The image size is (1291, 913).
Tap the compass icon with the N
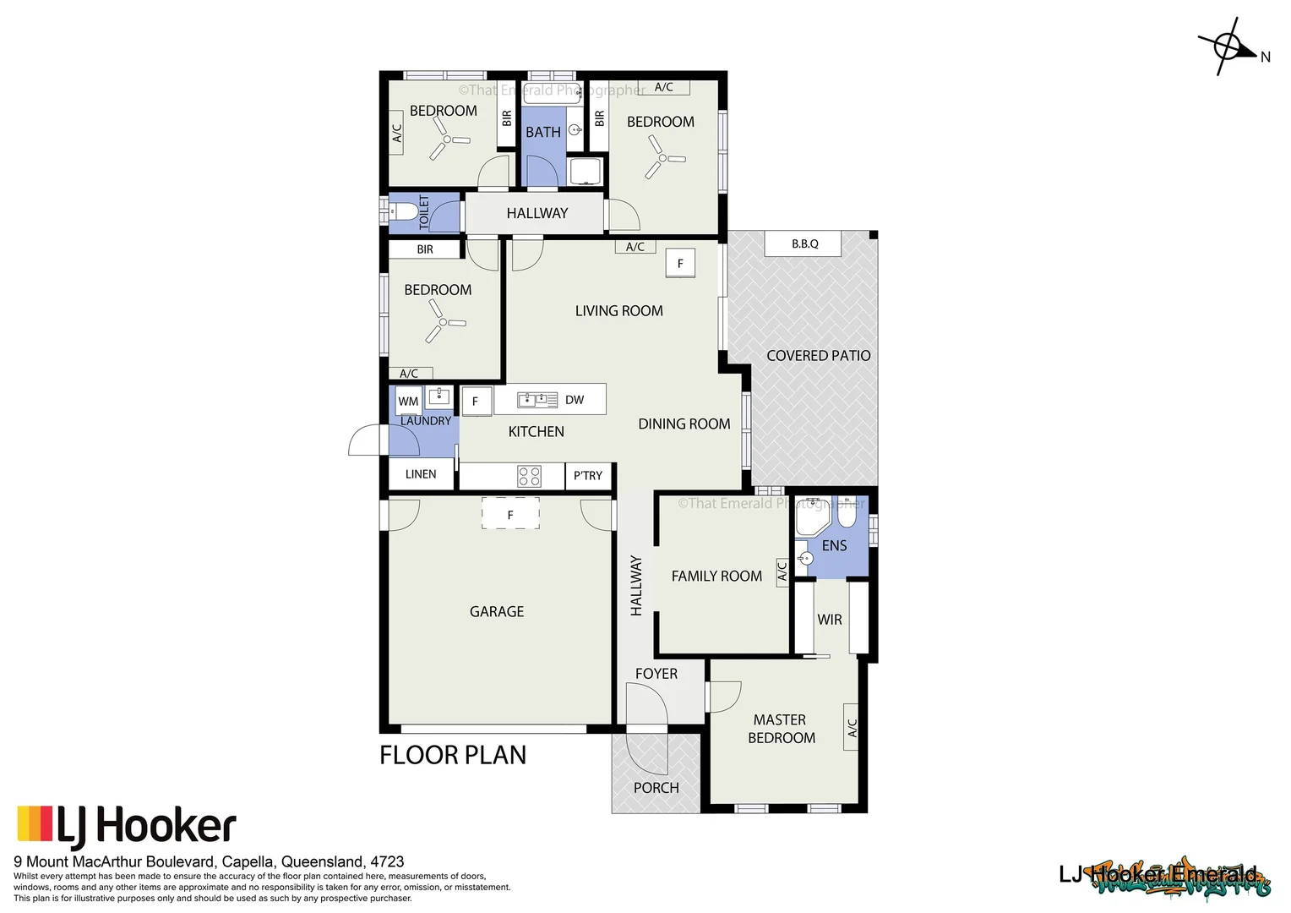1228,46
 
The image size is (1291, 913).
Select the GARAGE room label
497,611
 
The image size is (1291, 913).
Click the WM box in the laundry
408,401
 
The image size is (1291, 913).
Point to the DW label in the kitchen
575,400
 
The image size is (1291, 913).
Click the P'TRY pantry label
588,476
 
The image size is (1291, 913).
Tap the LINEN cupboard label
421,474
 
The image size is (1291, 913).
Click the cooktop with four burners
530,476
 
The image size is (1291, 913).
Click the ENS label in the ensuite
834,545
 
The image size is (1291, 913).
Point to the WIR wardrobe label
830,620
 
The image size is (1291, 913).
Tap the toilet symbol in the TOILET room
404,211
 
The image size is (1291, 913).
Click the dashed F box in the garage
510,514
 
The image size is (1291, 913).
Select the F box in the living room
680,263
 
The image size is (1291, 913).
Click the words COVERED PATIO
818,356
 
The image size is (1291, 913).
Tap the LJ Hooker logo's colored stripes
35,823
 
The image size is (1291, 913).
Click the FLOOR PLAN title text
453,755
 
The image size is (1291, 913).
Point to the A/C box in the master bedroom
852,727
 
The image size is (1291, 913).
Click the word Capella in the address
248,861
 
